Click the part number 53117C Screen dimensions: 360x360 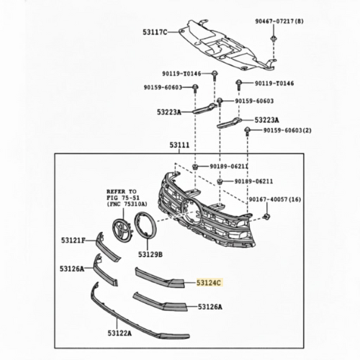pos(155,32)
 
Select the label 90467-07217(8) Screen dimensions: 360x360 pos(279,22)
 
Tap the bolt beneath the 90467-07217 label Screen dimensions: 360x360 pos(273,39)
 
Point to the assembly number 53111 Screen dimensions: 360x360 pos(179,145)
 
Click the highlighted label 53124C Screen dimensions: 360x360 pos(209,283)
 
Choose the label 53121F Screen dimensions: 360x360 pos(73,240)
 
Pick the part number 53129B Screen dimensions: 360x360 pos(150,254)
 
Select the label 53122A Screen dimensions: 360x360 pos(120,333)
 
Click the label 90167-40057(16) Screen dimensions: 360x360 pos(274,199)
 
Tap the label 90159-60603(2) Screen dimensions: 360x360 pos(287,130)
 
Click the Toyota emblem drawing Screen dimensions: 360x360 pos(122,228)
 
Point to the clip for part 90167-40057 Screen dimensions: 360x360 pos(266,217)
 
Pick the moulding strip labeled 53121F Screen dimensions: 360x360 pos(107,247)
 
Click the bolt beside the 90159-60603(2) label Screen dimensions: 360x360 pos(247,131)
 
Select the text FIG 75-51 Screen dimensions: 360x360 pos(122,198)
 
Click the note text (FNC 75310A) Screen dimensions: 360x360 pos(127,204)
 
